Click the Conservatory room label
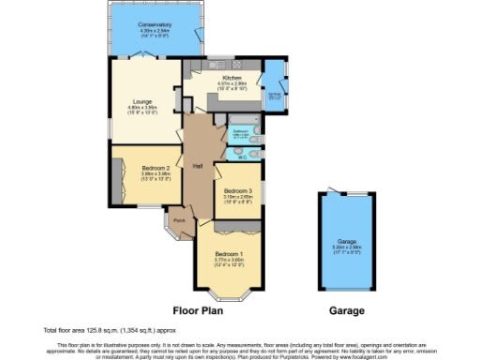pyautogui.click(x=154, y=24)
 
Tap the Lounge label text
pyautogui.click(x=142, y=100)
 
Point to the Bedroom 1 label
pyautogui.click(x=229, y=254)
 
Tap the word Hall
pyautogui.click(x=198, y=166)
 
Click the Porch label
pyautogui.click(x=178, y=221)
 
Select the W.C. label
pyautogui.click(x=242, y=157)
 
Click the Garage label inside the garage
pyautogui.click(x=348, y=242)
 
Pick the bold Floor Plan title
pyautogui.click(x=199, y=309)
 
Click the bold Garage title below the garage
pyautogui.click(x=348, y=309)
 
